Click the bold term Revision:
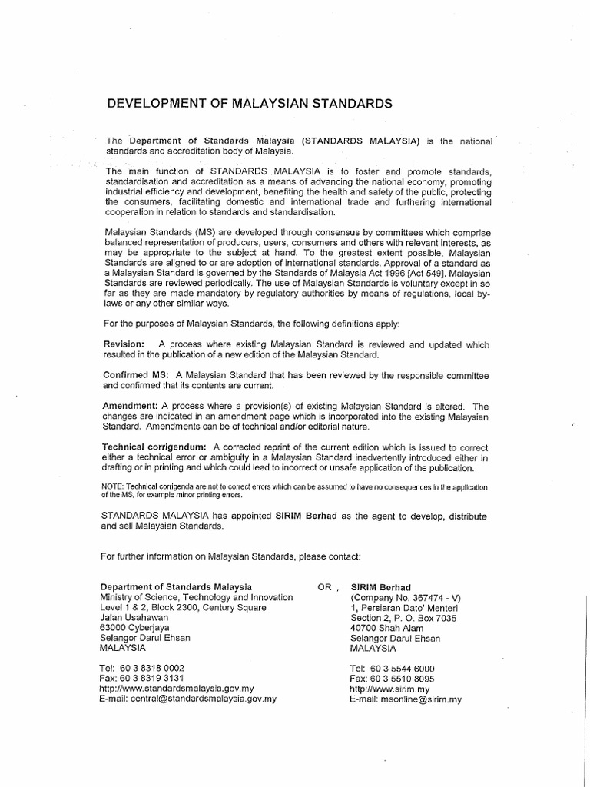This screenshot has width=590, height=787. [124, 345]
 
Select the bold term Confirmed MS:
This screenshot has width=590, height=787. [136, 374]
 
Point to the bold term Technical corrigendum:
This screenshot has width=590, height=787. [154, 447]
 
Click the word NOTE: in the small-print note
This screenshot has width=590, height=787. [113, 486]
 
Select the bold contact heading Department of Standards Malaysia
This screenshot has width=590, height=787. [176, 586]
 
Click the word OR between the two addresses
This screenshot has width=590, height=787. [325, 586]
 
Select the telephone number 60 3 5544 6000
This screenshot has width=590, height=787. [403, 668]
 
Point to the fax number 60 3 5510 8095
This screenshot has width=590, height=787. [403, 679]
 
